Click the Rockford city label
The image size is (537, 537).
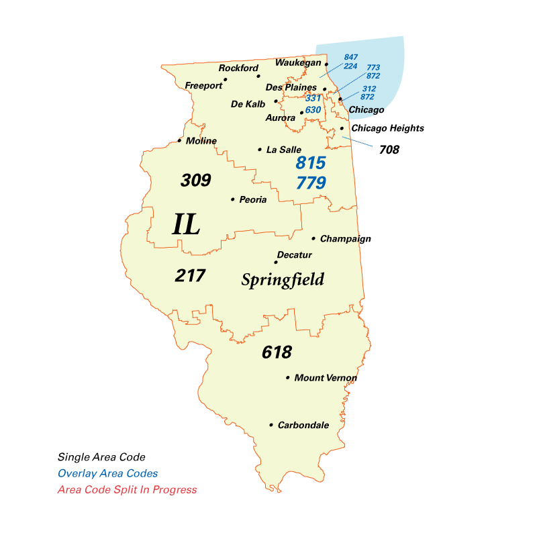(x=238, y=68)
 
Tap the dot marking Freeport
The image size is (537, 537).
(x=226, y=79)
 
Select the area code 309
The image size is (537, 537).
(x=196, y=180)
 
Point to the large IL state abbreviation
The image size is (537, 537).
(x=186, y=224)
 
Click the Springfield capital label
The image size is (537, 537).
(x=283, y=280)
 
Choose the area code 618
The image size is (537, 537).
(x=277, y=352)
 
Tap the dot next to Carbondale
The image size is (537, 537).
(x=271, y=425)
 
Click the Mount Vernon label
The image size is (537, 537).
(x=326, y=378)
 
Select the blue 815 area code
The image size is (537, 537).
(x=311, y=162)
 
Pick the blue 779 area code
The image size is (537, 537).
(x=311, y=183)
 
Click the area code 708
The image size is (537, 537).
(x=389, y=150)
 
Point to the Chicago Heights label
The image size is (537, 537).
(x=387, y=128)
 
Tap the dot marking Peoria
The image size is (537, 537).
(x=232, y=199)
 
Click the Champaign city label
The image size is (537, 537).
(x=345, y=239)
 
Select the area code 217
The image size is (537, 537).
(x=190, y=275)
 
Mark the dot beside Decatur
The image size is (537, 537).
(x=276, y=262)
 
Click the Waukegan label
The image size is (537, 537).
(x=298, y=63)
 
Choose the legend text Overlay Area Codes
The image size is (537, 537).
(x=107, y=473)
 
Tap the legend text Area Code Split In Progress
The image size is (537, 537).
(x=127, y=489)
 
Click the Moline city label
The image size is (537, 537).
(x=201, y=141)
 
